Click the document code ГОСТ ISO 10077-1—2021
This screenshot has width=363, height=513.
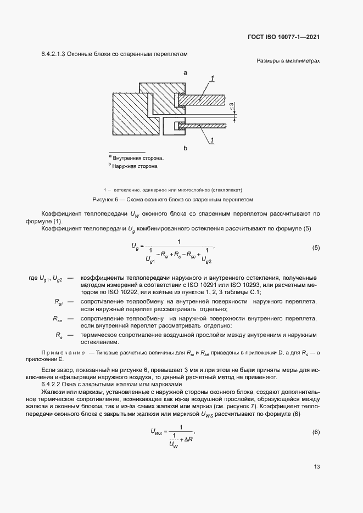(284, 37)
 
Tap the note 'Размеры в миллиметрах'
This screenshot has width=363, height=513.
(288, 61)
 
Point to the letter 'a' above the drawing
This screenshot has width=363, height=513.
(186, 72)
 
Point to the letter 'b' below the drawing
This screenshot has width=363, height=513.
(186, 148)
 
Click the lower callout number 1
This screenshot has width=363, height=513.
(211, 141)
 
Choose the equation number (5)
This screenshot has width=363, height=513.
(316, 247)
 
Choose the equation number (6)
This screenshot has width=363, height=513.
(316, 432)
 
